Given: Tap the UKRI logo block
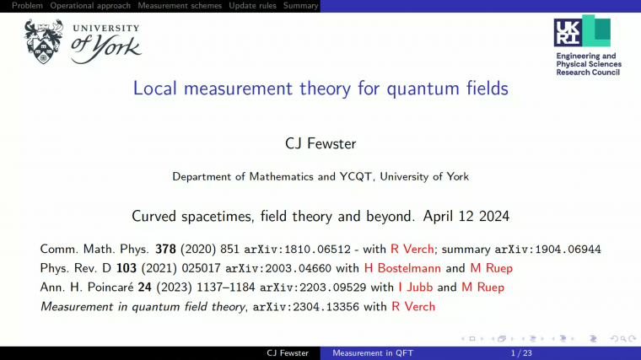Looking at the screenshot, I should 581,31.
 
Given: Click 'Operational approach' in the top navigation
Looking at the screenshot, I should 90,6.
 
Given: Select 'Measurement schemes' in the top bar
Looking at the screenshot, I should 180,6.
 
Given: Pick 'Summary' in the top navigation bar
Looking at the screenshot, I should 300,6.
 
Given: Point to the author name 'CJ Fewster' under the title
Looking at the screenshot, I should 320,144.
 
